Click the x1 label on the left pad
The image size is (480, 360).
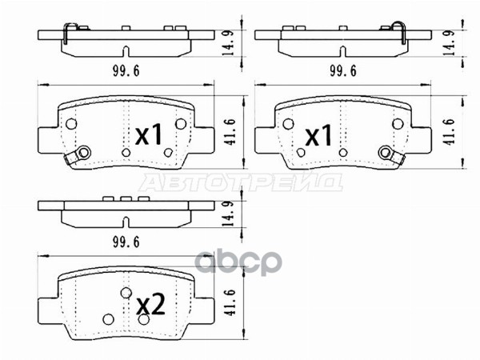[150, 136]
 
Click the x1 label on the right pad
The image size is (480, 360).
[319, 136]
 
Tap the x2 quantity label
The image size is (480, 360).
[150, 304]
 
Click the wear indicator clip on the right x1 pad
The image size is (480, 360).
[389, 154]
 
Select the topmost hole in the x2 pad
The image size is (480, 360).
[126, 293]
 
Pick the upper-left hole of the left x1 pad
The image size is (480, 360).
[70, 123]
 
